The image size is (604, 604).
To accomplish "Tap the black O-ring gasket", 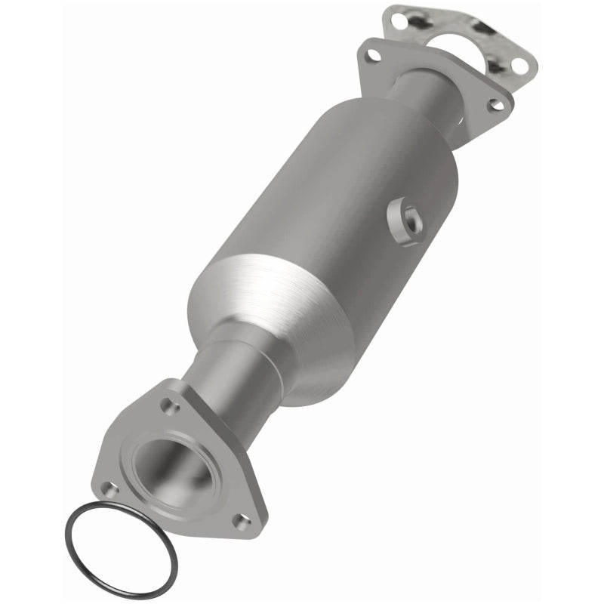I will [x=121, y=551].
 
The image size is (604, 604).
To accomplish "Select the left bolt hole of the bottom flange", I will [x=110, y=488].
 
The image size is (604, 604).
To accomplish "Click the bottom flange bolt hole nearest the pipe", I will [x=171, y=408].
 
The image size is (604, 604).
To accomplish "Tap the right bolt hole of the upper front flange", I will [x=496, y=105].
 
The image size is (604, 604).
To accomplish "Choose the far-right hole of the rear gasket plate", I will [x=519, y=66].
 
